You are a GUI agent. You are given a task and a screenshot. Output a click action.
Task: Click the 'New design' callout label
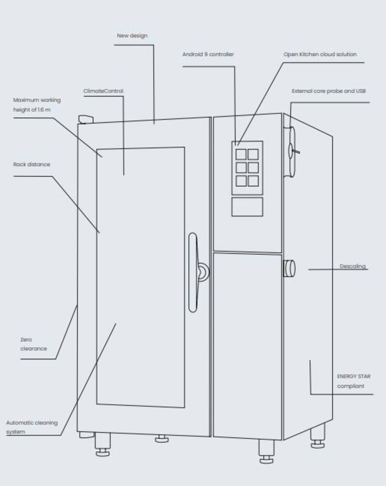coord(132,35)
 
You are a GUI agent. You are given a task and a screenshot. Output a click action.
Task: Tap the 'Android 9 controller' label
coord(208,54)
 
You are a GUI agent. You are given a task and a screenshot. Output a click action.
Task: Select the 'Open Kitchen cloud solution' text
coord(320,54)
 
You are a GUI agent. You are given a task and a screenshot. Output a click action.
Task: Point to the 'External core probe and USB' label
coord(329,91)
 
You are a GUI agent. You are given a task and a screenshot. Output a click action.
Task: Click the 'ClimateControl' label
coord(103,91)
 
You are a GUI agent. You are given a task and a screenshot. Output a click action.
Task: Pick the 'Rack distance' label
coord(32,164)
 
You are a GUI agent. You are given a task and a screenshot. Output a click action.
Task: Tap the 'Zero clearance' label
coord(34,344)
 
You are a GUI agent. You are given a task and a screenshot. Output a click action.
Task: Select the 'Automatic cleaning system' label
coord(32,427)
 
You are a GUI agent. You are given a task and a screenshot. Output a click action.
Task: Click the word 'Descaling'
coord(352,266)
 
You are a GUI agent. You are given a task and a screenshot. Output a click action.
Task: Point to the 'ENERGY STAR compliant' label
coord(353,381)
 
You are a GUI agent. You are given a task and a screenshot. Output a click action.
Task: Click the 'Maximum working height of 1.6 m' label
coord(37,105)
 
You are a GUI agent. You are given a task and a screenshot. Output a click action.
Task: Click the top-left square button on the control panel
coord(241,154)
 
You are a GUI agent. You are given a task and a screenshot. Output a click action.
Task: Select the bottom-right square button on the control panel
coord(253,181)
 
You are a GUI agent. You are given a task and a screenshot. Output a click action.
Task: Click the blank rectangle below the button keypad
coord(247,207)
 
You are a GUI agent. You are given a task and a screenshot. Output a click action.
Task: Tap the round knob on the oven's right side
coord(289,268)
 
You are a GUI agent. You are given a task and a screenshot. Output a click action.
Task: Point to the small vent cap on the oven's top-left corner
coord(86,119)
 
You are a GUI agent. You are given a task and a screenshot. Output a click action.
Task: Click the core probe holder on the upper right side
coord(292,151)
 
